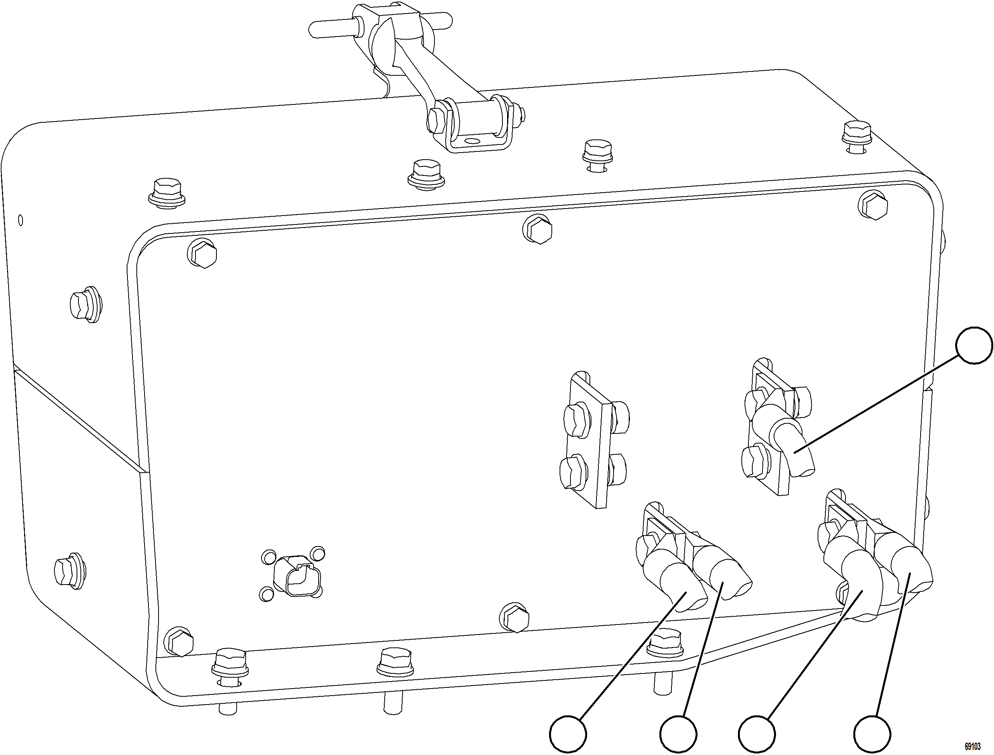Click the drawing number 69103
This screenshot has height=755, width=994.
(x=972, y=746)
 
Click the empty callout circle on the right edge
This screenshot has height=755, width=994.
(x=974, y=346)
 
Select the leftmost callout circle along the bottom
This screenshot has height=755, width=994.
(x=568, y=734)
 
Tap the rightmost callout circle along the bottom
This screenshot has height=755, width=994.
(x=872, y=734)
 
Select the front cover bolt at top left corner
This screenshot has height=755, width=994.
(x=202, y=254)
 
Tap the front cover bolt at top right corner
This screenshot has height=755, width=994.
(x=873, y=206)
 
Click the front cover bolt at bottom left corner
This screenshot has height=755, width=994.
(x=178, y=641)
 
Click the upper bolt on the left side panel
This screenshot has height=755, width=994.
(x=85, y=305)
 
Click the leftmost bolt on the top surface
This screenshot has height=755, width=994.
(x=167, y=191)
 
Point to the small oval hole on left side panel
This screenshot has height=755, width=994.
(x=20, y=220)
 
